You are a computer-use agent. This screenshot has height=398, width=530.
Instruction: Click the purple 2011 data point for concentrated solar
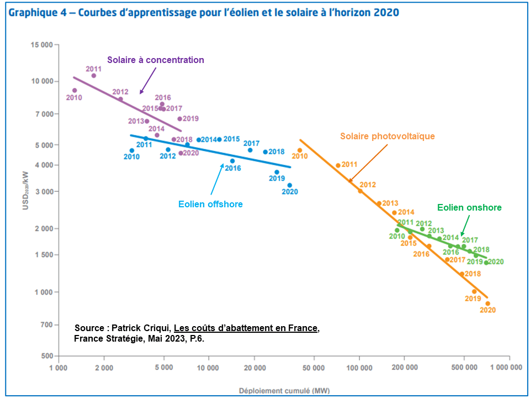(94, 76)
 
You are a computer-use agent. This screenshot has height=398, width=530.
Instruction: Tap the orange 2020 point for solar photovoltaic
(487, 303)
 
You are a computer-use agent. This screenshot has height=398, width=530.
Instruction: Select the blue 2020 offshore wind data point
(289, 185)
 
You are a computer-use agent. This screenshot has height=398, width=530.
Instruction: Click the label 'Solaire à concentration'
(156, 60)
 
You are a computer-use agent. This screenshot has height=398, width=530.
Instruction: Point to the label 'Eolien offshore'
(210, 204)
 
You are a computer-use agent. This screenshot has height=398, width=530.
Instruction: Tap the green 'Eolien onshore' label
(469, 208)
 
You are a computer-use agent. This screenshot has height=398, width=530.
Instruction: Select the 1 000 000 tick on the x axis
(507, 367)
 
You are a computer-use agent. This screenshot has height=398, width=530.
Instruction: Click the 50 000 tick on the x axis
(314, 367)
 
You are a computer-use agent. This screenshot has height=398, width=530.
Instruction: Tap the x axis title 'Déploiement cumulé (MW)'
(284, 391)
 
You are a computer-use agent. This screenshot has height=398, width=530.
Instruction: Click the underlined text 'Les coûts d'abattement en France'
(246, 328)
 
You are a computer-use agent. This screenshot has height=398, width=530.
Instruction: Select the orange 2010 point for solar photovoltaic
(300, 150)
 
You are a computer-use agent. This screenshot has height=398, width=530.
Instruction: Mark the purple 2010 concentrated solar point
(75, 91)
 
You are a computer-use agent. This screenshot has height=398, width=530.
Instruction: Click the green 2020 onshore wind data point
(486, 263)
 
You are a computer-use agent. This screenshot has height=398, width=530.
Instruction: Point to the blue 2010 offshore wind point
(131, 150)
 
